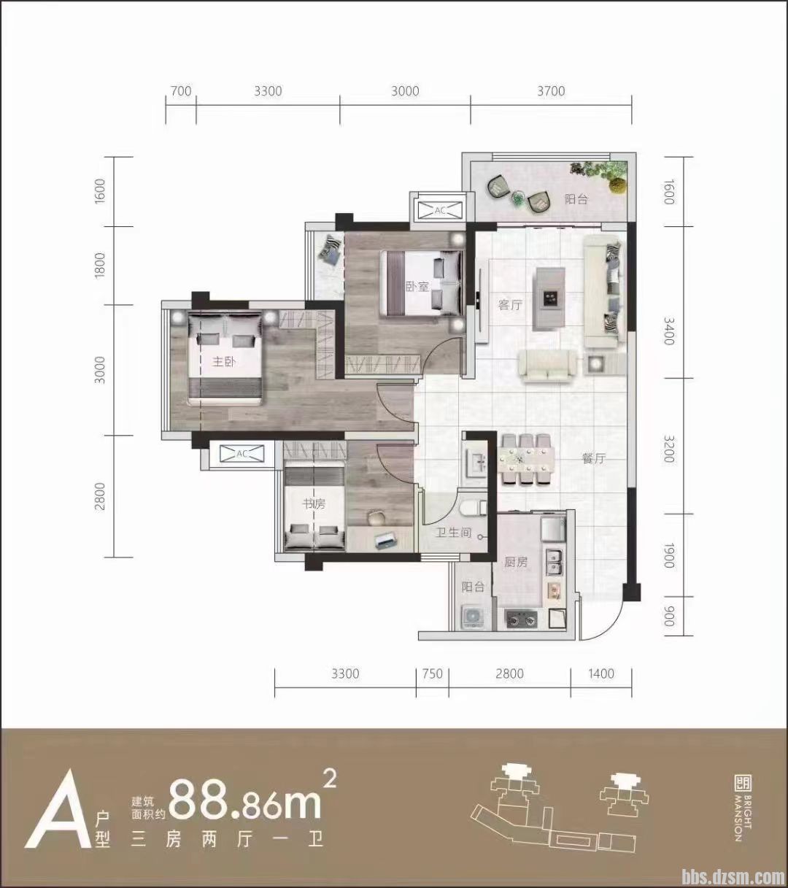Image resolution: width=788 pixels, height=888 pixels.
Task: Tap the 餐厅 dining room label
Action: (594, 458)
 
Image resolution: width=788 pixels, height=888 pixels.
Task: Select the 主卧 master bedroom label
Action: (224, 362)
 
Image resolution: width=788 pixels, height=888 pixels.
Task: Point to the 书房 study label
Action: (314, 504)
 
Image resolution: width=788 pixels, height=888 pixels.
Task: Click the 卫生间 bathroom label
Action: (453, 533)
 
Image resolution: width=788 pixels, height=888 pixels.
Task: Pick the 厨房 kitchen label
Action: (516, 562)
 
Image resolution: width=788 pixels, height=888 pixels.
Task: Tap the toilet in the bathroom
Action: (474, 508)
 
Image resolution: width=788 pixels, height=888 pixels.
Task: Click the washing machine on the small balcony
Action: (472, 617)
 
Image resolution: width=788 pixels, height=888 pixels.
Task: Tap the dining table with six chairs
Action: (525, 459)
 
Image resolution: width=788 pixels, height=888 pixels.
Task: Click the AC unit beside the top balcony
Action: (439, 210)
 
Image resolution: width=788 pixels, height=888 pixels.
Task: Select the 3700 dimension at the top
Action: (551, 91)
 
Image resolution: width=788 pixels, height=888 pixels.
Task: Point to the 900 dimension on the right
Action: (668, 616)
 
